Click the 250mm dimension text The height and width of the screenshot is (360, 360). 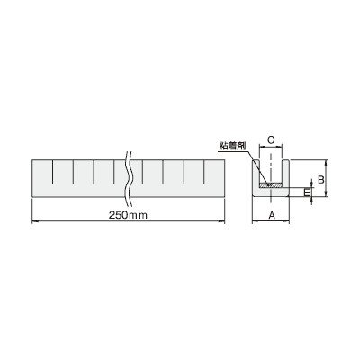[x=128, y=215]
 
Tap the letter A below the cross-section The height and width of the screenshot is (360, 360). [x=272, y=215]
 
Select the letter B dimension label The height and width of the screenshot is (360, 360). [x=321, y=179]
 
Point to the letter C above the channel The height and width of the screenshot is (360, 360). [x=271, y=140]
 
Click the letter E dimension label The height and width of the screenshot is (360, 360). [x=307, y=193]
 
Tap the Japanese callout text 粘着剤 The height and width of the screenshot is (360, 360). [x=232, y=146]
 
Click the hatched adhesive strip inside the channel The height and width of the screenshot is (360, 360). [x=271, y=185]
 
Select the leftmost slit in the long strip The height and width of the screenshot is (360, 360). [x=52, y=172]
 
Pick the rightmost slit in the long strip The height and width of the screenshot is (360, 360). [x=204, y=172]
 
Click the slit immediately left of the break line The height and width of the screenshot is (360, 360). [x=114, y=172]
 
